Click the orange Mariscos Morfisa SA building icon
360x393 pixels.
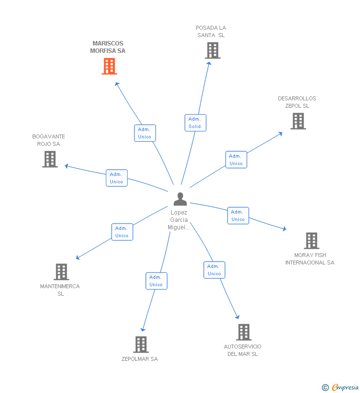pyautogui.click(x=109, y=66)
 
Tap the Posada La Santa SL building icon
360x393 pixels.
pyautogui.click(x=212, y=50)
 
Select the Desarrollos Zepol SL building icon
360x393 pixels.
pyautogui.click(x=298, y=121)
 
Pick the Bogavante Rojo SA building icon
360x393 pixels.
pyautogui.click(x=50, y=159)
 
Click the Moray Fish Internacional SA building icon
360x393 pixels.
pyautogui.click(x=311, y=241)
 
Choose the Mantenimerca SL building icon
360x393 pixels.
pyautogui.click(x=61, y=272)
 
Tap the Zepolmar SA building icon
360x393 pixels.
pyautogui.click(x=141, y=345)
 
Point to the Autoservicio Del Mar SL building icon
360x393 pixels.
pyautogui.click(x=243, y=332)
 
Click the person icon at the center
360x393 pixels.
pyautogui.click(x=180, y=199)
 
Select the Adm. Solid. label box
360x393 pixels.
pyautogui.click(x=195, y=123)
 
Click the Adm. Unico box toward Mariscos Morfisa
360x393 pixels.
pyautogui.click(x=145, y=133)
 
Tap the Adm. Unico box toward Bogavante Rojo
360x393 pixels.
pyautogui.click(x=117, y=178)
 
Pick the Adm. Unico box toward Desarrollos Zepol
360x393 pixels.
pyautogui.click(x=236, y=160)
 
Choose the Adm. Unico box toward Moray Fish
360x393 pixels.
pyautogui.click(x=238, y=216)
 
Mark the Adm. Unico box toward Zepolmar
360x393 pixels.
pyautogui.click(x=156, y=281)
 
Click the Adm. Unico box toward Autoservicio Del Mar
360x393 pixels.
pyautogui.click(x=214, y=270)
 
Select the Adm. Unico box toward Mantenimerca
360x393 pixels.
pyautogui.click(x=122, y=232)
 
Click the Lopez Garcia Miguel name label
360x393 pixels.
pyautogui.click(x=179, y=220)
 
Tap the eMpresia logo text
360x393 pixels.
pyautogui.click(x=345, y=388)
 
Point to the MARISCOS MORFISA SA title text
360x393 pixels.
pyautogui.click(x=108, y=47)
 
